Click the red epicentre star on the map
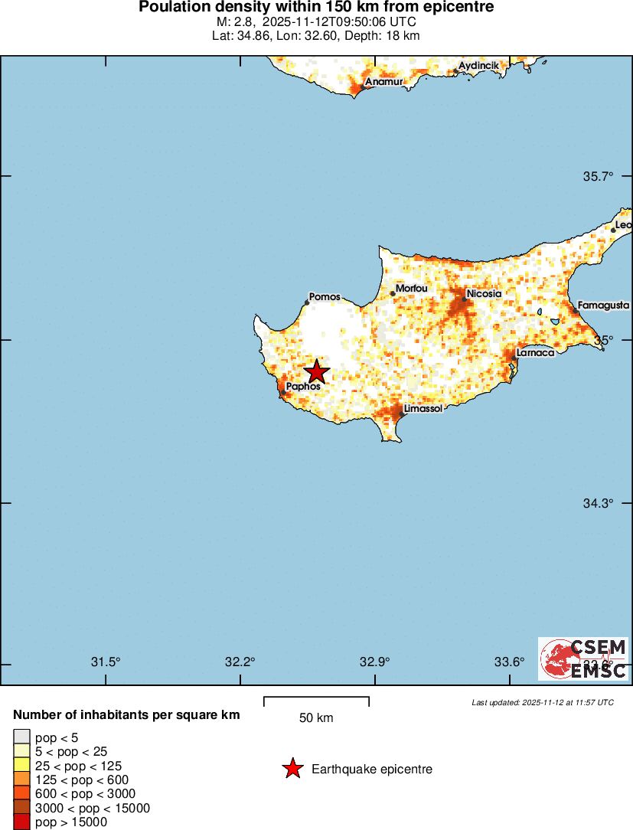(316, 372)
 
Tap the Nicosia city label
(484, 293)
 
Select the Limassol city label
(423, 410)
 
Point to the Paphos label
(302, 387)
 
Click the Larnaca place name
(535, 353)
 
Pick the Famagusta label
(603, 305)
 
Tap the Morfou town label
(411, 288)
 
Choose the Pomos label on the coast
(325, 296)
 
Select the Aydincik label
(478, 66)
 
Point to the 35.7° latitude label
(599, 176)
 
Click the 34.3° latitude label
(599, 503)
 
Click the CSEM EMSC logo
(583, 658)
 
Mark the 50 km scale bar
(316, 701)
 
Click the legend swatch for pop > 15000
(21, 822)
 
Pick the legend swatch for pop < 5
(21, 738)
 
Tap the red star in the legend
(292, 769)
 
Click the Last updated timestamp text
(542, 702)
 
